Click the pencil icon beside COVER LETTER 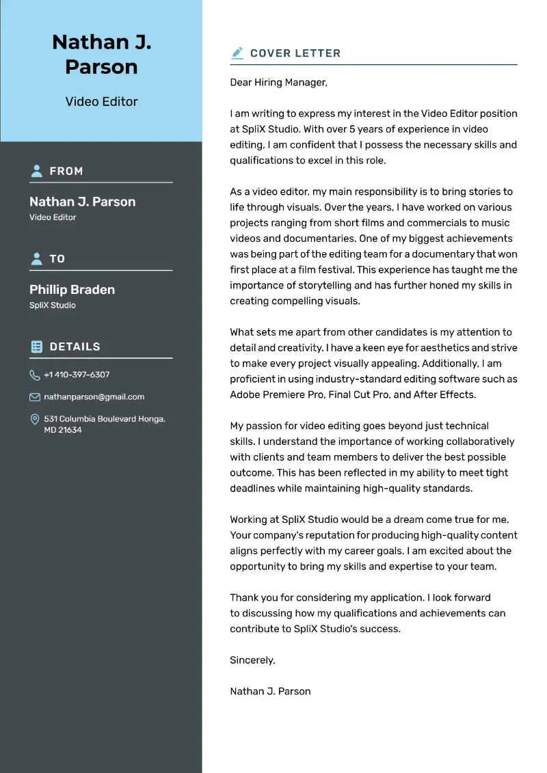coord(237,53)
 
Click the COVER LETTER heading coord(295,53)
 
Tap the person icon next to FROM coord(37,171)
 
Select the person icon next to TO coord(37,258)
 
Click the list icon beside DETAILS coord(37,347)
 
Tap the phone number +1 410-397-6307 coord(77,375)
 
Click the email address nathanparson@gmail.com coord(94,396)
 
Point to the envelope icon coord(35,397)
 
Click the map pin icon coord(35,419)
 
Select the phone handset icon coord(35,375)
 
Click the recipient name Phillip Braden coord(72,289)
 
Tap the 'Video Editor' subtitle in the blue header coord(101,102)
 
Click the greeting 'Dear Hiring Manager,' coord(278,82)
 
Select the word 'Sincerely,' coord(252,660)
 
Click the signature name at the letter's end coord(270,691)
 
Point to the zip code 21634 coord(70,430)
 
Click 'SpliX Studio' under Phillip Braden coord(52,305)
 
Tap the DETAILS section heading coord(75,347)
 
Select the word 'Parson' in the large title coord(101,67)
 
